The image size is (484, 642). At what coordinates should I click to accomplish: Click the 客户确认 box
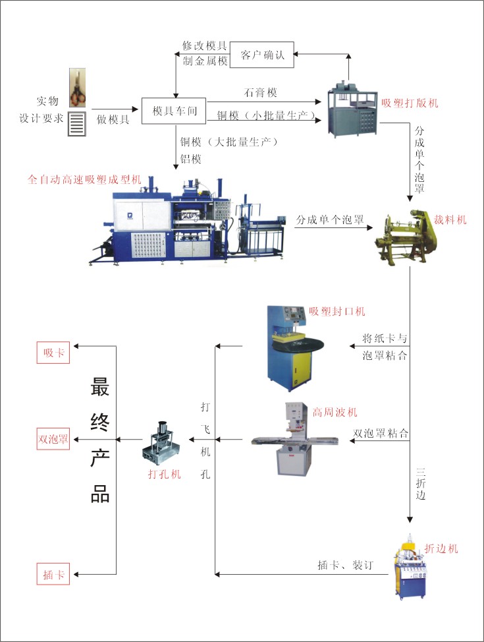[x=262, y=55]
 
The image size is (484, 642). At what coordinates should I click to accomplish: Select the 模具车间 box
[x=175, y=111]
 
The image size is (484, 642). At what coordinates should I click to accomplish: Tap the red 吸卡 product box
[x=53, y=353]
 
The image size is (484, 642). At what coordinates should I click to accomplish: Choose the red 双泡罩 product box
[x=53, y=440]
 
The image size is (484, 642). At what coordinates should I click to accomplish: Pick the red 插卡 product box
[x=53, y=574]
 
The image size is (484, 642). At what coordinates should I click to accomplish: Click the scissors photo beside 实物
[x=78, y=88]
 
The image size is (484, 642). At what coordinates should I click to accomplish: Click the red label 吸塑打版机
[x=410, y=103]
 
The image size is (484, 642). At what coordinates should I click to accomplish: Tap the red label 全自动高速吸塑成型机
[x=84, y=179]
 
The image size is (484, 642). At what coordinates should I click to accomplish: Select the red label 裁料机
[x=450, y=219]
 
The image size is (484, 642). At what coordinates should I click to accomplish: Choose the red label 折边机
[x=441, y=548]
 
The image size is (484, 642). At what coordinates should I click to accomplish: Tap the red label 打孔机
[x=163, y=475]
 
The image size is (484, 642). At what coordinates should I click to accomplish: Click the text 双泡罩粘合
[x=381, y=433]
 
